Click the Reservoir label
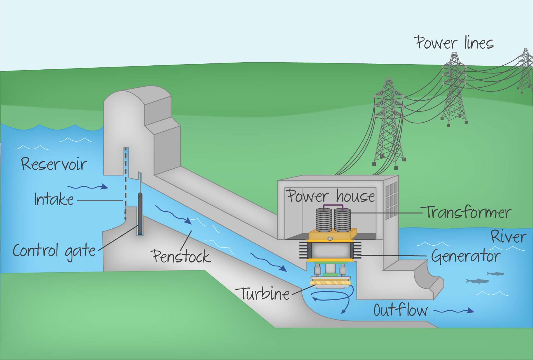point(54,164)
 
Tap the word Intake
point(54,199)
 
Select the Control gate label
point(54,251)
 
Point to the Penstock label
point(181,256)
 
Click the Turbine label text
point(265,293)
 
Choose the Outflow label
point(401,310)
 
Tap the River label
point(509,237)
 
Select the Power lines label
point(454,43)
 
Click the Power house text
point(330,196)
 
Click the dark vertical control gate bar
point(140,213)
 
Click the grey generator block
point(330,250)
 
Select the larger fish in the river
point(478,281)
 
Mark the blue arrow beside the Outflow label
point(454,311)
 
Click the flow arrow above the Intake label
point(88,187)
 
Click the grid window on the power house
point(391,200)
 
